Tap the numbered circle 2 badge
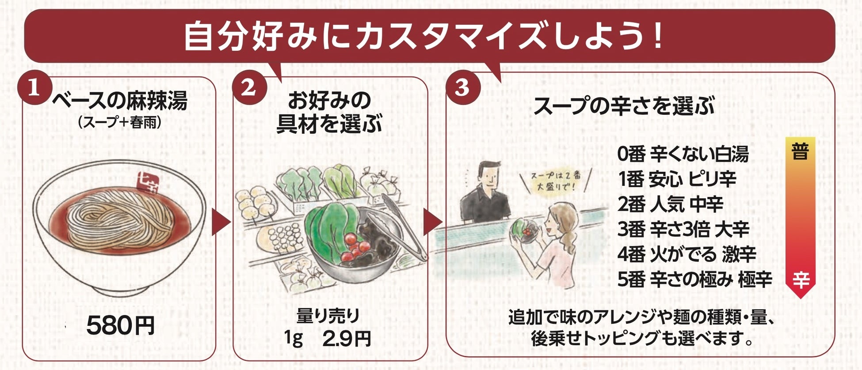point(249,87)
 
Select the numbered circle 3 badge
point(462,87)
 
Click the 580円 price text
point(120,326)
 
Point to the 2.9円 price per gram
point(347,339)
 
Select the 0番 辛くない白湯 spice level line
point(683,154)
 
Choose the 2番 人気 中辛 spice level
point(670,204)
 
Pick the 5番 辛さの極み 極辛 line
point(694,279)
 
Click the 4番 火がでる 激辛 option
point(686,254)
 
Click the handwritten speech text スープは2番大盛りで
point(556,181)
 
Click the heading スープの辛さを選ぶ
point(624,106)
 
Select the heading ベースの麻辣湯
point(119,101)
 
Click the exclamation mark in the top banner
point(657,36)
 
